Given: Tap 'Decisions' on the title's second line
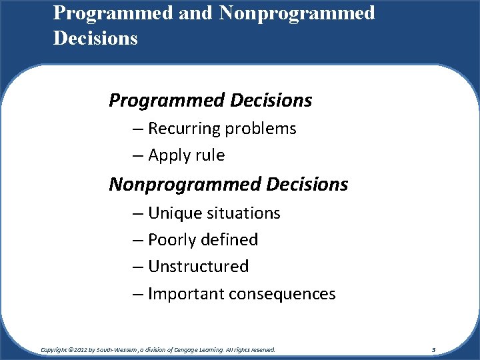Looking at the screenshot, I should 95,38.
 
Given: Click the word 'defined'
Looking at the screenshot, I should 229,240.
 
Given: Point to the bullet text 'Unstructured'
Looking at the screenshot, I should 198,267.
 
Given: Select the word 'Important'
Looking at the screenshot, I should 185,294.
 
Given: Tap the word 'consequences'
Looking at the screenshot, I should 281,294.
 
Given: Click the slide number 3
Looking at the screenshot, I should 433,349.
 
